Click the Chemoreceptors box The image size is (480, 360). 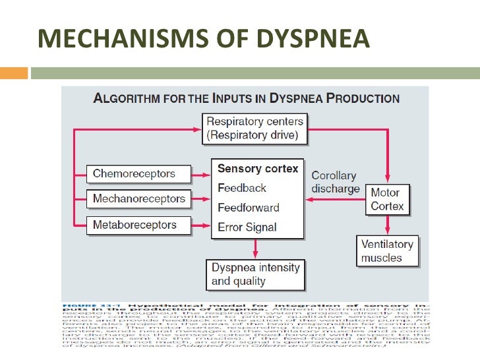pos(135,174)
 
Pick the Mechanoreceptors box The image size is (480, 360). pos(139,198)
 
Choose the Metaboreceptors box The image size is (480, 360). pos(135,225)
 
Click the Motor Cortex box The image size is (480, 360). pos(387,200)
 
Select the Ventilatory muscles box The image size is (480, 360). pos(387,251)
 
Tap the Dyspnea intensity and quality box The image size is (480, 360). pos(255,274)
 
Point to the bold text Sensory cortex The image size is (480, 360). pos(258,169)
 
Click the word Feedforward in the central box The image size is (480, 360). pos(248,208)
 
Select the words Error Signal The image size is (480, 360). pos(247,227)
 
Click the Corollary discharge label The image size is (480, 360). pos(335,183)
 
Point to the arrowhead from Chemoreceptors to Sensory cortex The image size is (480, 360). pos(206,175)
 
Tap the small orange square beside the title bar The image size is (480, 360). pos(15,71)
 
